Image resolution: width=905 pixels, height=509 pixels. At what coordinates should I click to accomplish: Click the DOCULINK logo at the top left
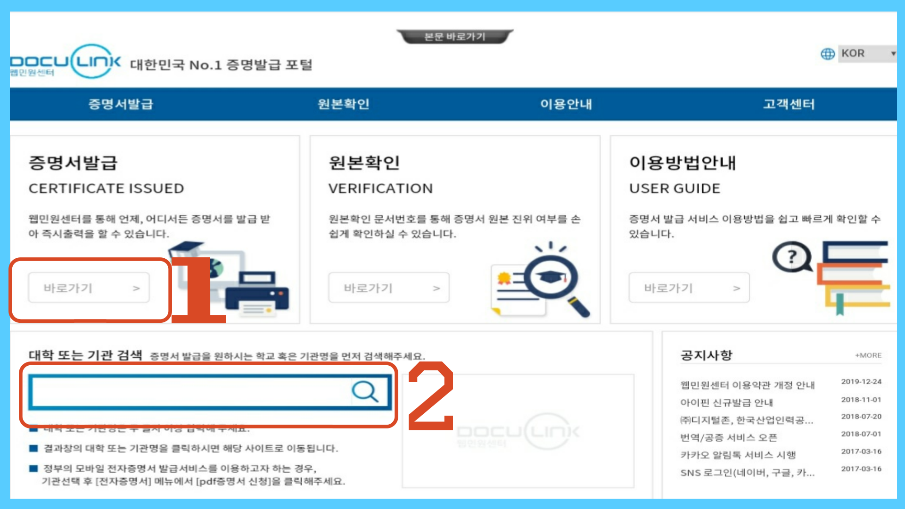(x=66, y=62)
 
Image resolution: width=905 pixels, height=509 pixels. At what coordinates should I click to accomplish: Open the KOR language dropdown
(x=867, y=54)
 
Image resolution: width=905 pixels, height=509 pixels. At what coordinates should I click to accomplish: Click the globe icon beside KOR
(x=827, y=54)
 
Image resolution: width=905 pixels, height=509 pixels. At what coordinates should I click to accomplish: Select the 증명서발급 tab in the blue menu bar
(x=121, y=104)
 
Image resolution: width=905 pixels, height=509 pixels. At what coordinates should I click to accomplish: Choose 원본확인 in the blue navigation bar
(x=343, y=104)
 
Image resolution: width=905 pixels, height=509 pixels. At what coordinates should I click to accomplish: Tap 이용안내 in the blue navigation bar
(x=566, y=104)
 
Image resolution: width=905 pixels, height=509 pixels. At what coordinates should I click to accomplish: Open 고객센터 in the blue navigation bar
(x=789, y=104)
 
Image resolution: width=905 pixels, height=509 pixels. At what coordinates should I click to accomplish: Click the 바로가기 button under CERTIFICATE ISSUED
(x=89, y=287)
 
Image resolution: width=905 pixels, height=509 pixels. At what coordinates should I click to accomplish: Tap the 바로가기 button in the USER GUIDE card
(x=689, y=287)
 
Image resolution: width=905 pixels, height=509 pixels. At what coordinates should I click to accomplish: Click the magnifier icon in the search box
(x=365, y=392)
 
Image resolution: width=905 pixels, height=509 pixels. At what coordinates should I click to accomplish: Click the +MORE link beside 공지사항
(x=868, y=355)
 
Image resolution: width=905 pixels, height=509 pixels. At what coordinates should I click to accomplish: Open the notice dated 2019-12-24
(x=748, y=385)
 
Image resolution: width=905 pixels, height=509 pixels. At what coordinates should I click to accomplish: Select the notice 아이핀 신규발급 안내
(x=726, y=402)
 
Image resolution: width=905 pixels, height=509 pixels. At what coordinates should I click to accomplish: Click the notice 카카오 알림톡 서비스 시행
(x=738, y=455)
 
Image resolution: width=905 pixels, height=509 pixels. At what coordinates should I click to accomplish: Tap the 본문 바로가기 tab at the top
(x=454, y=36)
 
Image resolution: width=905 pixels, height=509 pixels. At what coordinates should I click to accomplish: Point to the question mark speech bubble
(x=791, y=257)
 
